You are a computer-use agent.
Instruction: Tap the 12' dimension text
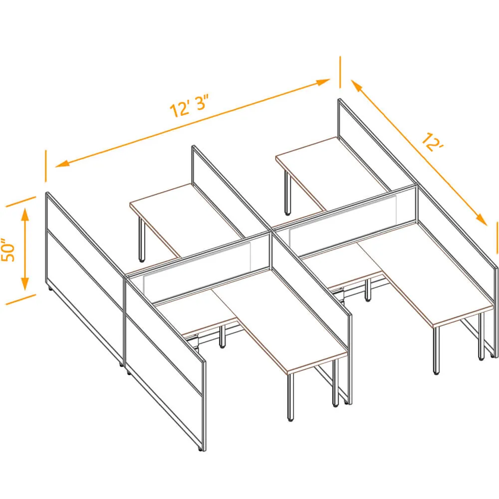pyautogui.click(x=433, y=142)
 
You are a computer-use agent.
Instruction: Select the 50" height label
pyautogui.click(x=8, y=250)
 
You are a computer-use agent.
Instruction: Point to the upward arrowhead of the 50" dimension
pyautogui.click(x=25, y=214)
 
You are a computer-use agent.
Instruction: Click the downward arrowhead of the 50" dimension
pyautogui.click(x=25, y=283)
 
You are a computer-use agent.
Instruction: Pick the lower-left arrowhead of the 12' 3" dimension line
pyautogui.click(x=62, y=164)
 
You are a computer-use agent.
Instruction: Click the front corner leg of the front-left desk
pyautogui.click(x=290, y=397)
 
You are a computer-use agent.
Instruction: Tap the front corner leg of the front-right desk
pyautogui.click(x=436, y=350)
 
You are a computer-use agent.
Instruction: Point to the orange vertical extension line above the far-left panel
pyautogui.click(x=45, y=166)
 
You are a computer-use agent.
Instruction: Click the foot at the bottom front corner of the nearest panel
pyautogui.click(x=200, y=449)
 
